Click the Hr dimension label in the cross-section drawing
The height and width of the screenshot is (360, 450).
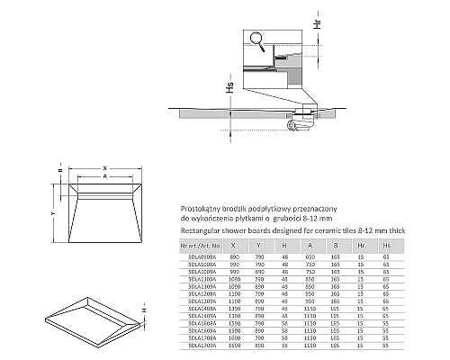(x=316, y=20)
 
